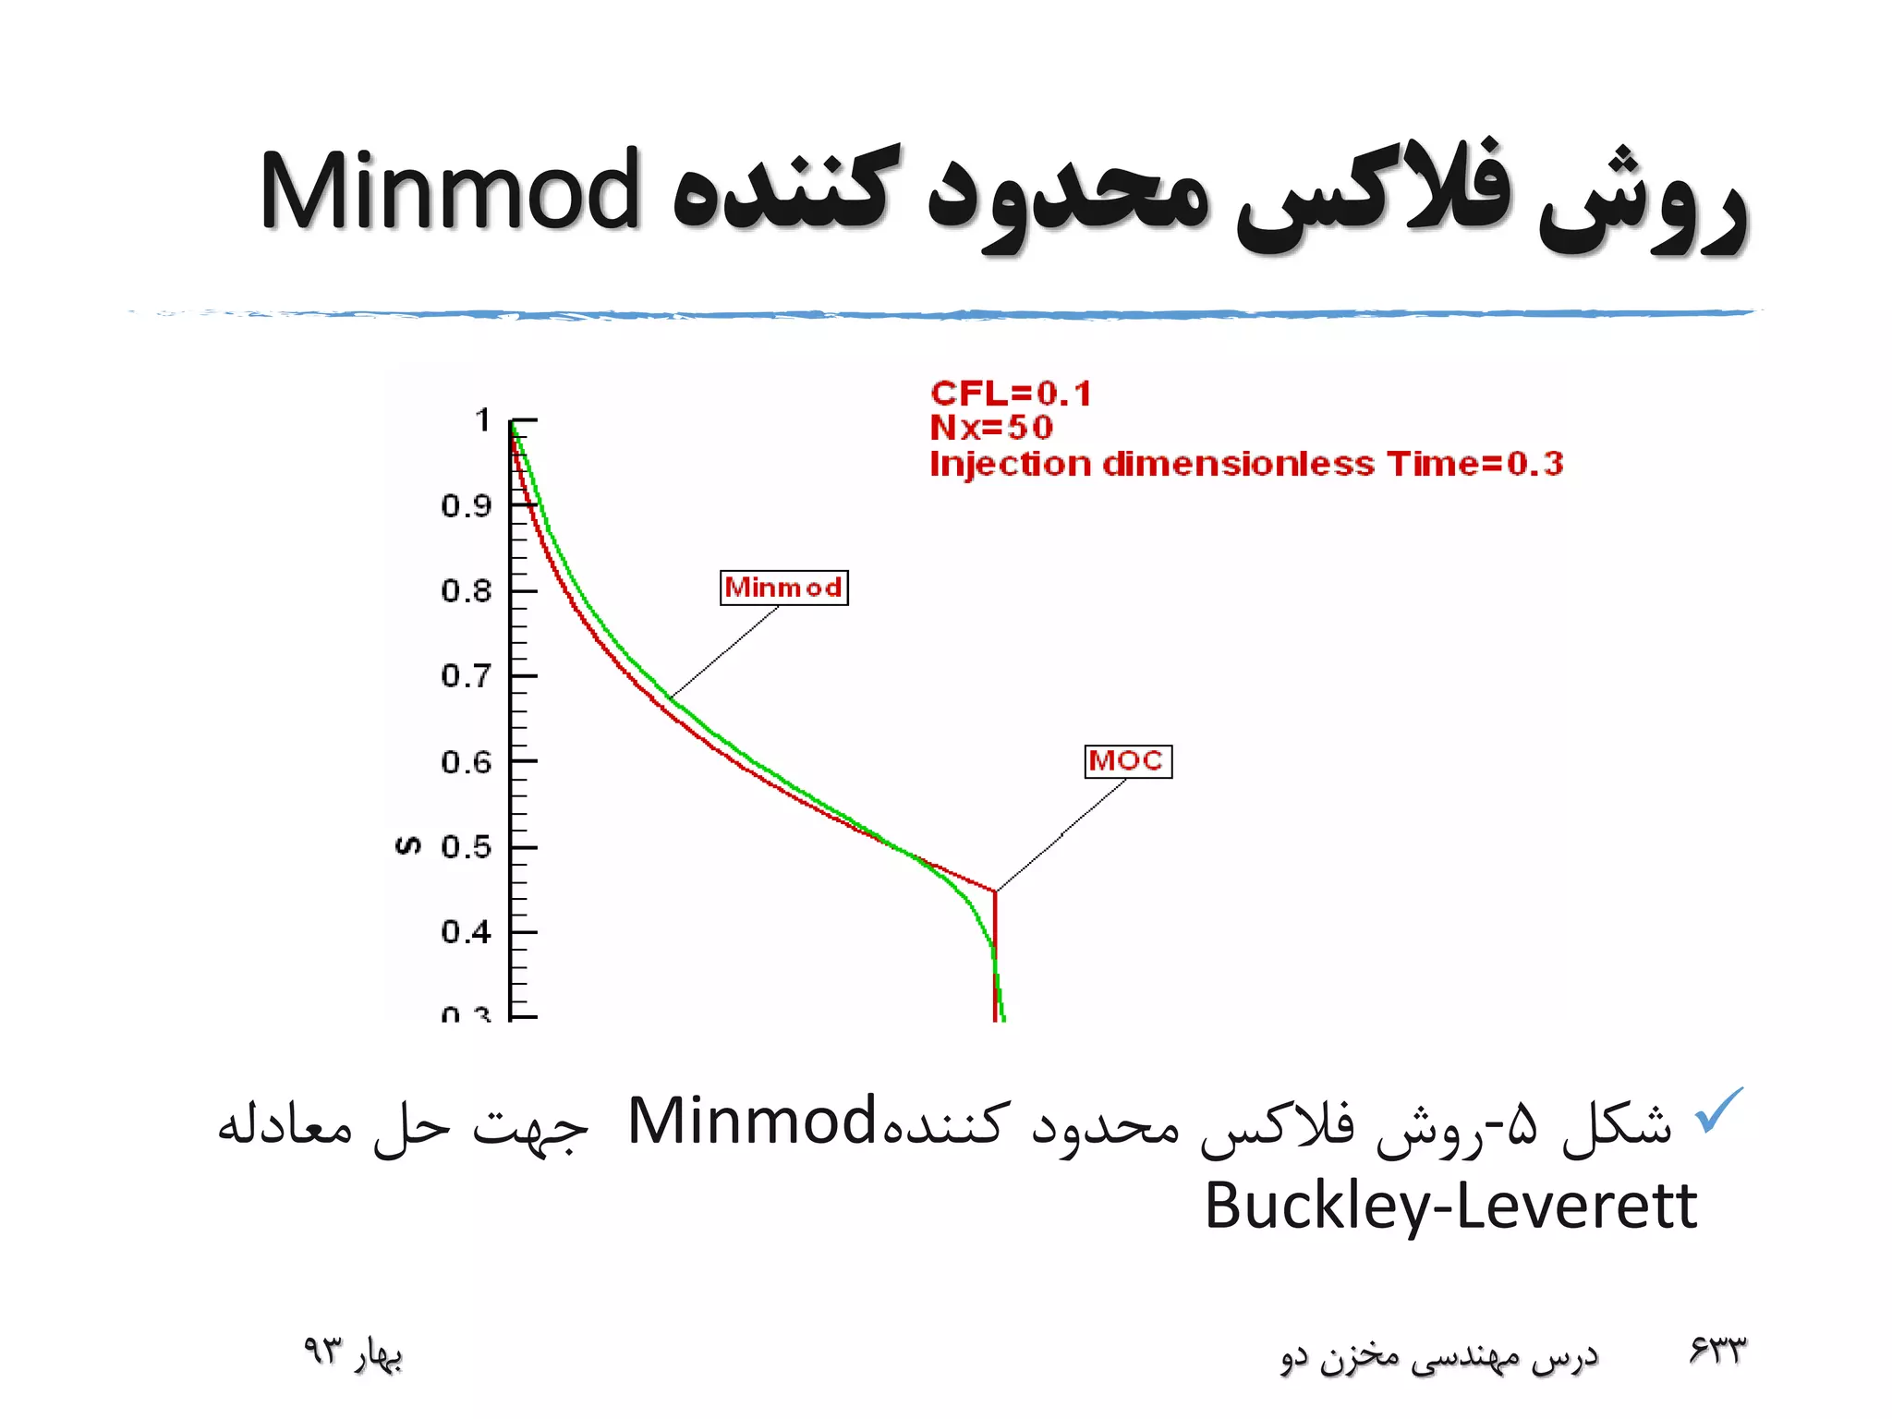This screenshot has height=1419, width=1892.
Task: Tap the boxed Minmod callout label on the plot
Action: [x=783, y=588]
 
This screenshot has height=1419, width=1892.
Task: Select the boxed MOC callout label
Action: [x=1127, y=761]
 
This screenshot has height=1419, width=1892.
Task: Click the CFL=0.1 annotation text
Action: [x=1011, y=394]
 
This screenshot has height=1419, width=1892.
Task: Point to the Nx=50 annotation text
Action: [x=990, y=428]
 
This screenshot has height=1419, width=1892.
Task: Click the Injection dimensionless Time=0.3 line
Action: [x=1245, y=464]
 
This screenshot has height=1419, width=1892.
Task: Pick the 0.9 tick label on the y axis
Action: [x=466, y=506]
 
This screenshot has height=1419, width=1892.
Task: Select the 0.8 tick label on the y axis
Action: [x=466, y=591]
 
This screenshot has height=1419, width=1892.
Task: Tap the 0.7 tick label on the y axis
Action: [x=466, y=676]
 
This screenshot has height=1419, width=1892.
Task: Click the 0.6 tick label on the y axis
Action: [x=466, y=762]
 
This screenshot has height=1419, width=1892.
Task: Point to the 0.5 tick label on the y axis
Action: [x=466, y=847]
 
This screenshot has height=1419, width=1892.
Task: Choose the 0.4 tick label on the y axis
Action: [x=466, y=932]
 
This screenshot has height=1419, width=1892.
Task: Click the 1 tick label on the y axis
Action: [x=482, y=421]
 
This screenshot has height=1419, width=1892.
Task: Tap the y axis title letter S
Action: [x=407, y=845]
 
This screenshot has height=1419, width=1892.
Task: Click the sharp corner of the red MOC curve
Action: [x=995, y=891]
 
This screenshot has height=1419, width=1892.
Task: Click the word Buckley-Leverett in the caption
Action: [x=1450, y=1206]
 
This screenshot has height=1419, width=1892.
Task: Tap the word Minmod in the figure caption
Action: [x=751, y=1121]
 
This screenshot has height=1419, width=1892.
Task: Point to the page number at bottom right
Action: [x=1717, y=1352]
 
